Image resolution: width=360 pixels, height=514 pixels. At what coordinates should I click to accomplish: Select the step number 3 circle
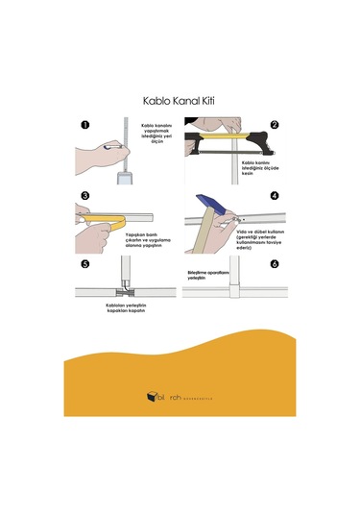click(x=85, y=196)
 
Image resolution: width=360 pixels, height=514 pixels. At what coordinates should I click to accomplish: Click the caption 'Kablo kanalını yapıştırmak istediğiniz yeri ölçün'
click(x=158, y=136)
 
